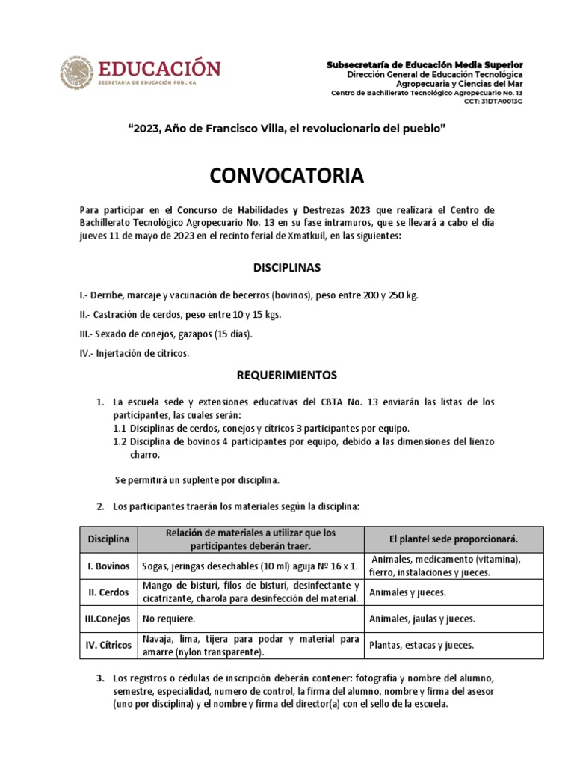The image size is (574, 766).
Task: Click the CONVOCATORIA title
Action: click(x=287, y=176)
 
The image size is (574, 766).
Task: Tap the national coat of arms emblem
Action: click(x=74, y=73)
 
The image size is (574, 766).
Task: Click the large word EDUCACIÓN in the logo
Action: click(x=157, y=68)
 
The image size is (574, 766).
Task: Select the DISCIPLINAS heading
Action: click(x=287, y=267)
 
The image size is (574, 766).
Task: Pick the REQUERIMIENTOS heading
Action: click(x=287, y=375)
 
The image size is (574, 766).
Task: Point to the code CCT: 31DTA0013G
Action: click(x=493, y=100)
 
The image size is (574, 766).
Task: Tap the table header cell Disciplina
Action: click(x=108, y=539)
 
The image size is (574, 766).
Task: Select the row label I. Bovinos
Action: click(x=108, y=566)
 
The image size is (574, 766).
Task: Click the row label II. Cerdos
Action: click(x=108, y=592)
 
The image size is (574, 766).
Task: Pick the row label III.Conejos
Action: click(x=108, y=619)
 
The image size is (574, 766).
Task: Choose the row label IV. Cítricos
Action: click(x=108, y=645)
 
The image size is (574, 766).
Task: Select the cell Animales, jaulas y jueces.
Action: click(x=422, y=619)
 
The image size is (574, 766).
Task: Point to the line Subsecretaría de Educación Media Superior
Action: click(x=425, y=66)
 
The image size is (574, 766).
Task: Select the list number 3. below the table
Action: click(x=100, y=678)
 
